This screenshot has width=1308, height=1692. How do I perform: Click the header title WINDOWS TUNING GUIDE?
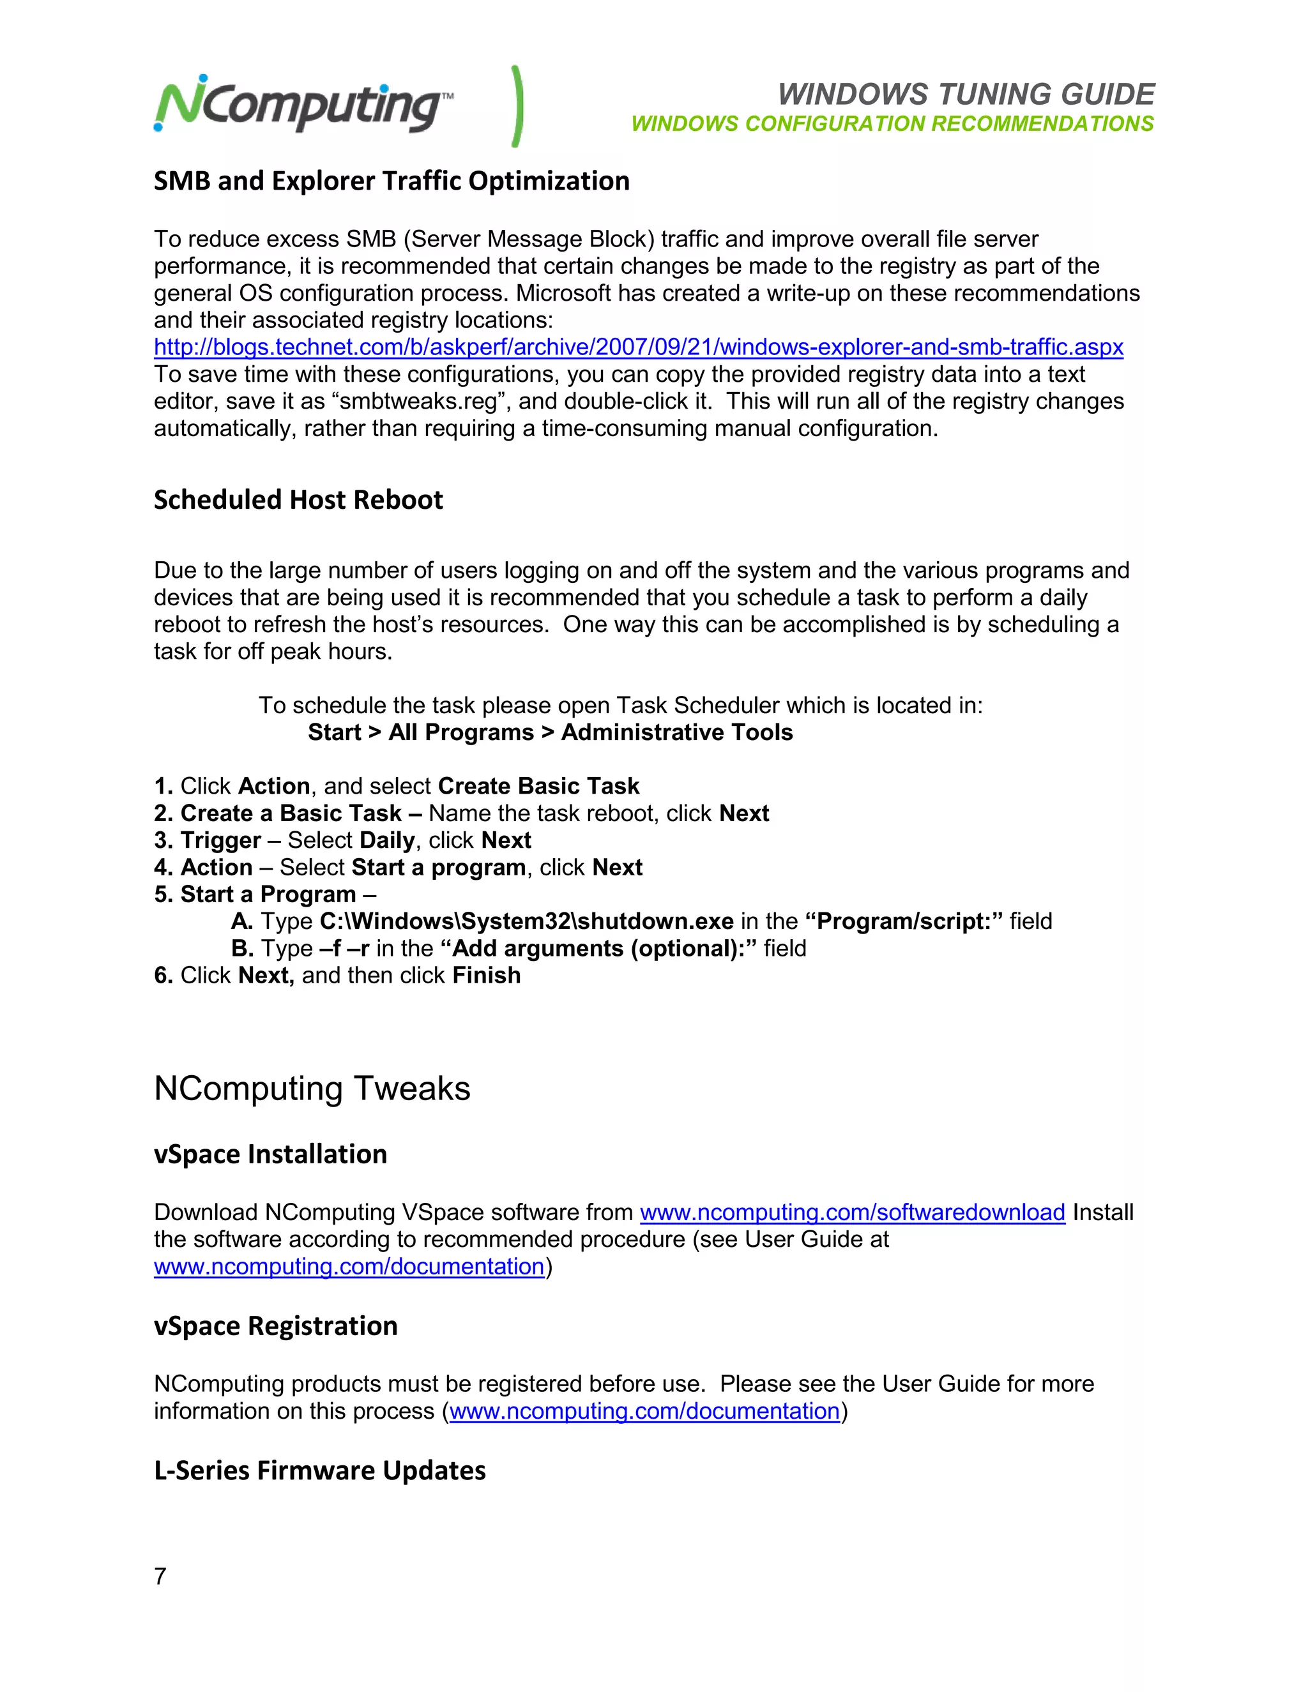click(x=966, y=94)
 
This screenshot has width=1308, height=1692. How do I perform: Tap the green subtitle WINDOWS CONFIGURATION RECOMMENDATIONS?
click(x=892, y=124)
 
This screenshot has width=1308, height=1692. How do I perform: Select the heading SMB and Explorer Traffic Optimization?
click(x=392, y=181)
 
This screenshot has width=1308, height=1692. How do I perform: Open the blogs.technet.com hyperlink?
click(x=638, y=347)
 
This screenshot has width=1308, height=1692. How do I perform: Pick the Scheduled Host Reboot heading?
click(x=298, y=501)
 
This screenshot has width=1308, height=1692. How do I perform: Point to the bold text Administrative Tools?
click(x=676, y=732)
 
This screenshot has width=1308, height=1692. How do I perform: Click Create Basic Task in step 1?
click(x=538, y=787)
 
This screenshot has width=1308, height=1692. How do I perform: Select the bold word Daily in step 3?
click(x=386, y=841)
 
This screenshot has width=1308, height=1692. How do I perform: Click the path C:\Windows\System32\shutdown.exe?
click(x=527, y=921)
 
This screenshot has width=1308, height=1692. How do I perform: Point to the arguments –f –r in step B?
click(x=344, y=948)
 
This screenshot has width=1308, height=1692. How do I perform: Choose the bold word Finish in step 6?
click(x=487, y=976)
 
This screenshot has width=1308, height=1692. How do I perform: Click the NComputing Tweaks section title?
click(x=312, y=1089)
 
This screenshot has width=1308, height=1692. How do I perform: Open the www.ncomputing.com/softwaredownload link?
click(x=853, y=1212)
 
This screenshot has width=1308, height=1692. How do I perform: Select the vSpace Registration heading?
click(x=276, y=1326)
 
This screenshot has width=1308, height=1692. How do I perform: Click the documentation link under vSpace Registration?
click(x=644, y=1412)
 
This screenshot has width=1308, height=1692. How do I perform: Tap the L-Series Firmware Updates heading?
click(x=320, y=1470)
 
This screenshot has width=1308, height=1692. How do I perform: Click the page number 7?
click(x=160, y=1576)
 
